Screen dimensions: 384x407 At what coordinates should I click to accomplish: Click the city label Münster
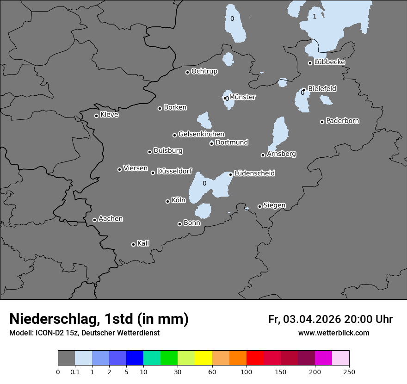(x=242, y=97)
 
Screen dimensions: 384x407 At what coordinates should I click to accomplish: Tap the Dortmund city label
(x=232, y=142)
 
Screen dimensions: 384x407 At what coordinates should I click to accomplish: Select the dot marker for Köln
(x=168, y=201)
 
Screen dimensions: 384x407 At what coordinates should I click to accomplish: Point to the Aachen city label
(x=111, y=218)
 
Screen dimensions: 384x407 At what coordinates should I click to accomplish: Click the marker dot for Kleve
(x=96, y=116)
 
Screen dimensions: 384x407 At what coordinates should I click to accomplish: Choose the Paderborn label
(x=342, y=121)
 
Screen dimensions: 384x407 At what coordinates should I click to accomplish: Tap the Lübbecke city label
(x=329, y=62)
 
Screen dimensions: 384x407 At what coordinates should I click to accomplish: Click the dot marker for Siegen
(x=259, y=207)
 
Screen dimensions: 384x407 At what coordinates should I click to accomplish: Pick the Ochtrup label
(x=204, y=71)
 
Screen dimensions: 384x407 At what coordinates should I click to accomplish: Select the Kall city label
(x=143, y=243)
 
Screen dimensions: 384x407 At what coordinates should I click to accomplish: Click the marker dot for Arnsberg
(x=263, y=155)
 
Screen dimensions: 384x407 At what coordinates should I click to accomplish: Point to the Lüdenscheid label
(x=254, y=173)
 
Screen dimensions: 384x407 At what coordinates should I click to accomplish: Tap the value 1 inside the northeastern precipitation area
(x=314, y=17)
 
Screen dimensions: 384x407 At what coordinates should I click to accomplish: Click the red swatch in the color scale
(x=255, y=358)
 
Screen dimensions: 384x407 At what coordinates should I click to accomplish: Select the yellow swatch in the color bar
(x=203, y=358)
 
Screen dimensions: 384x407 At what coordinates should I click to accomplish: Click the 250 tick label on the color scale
(x=349, y=372)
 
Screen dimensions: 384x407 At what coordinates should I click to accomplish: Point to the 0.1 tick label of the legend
(x=75, y=372)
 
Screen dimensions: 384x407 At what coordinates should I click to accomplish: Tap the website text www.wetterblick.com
(x=333, y=333)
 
